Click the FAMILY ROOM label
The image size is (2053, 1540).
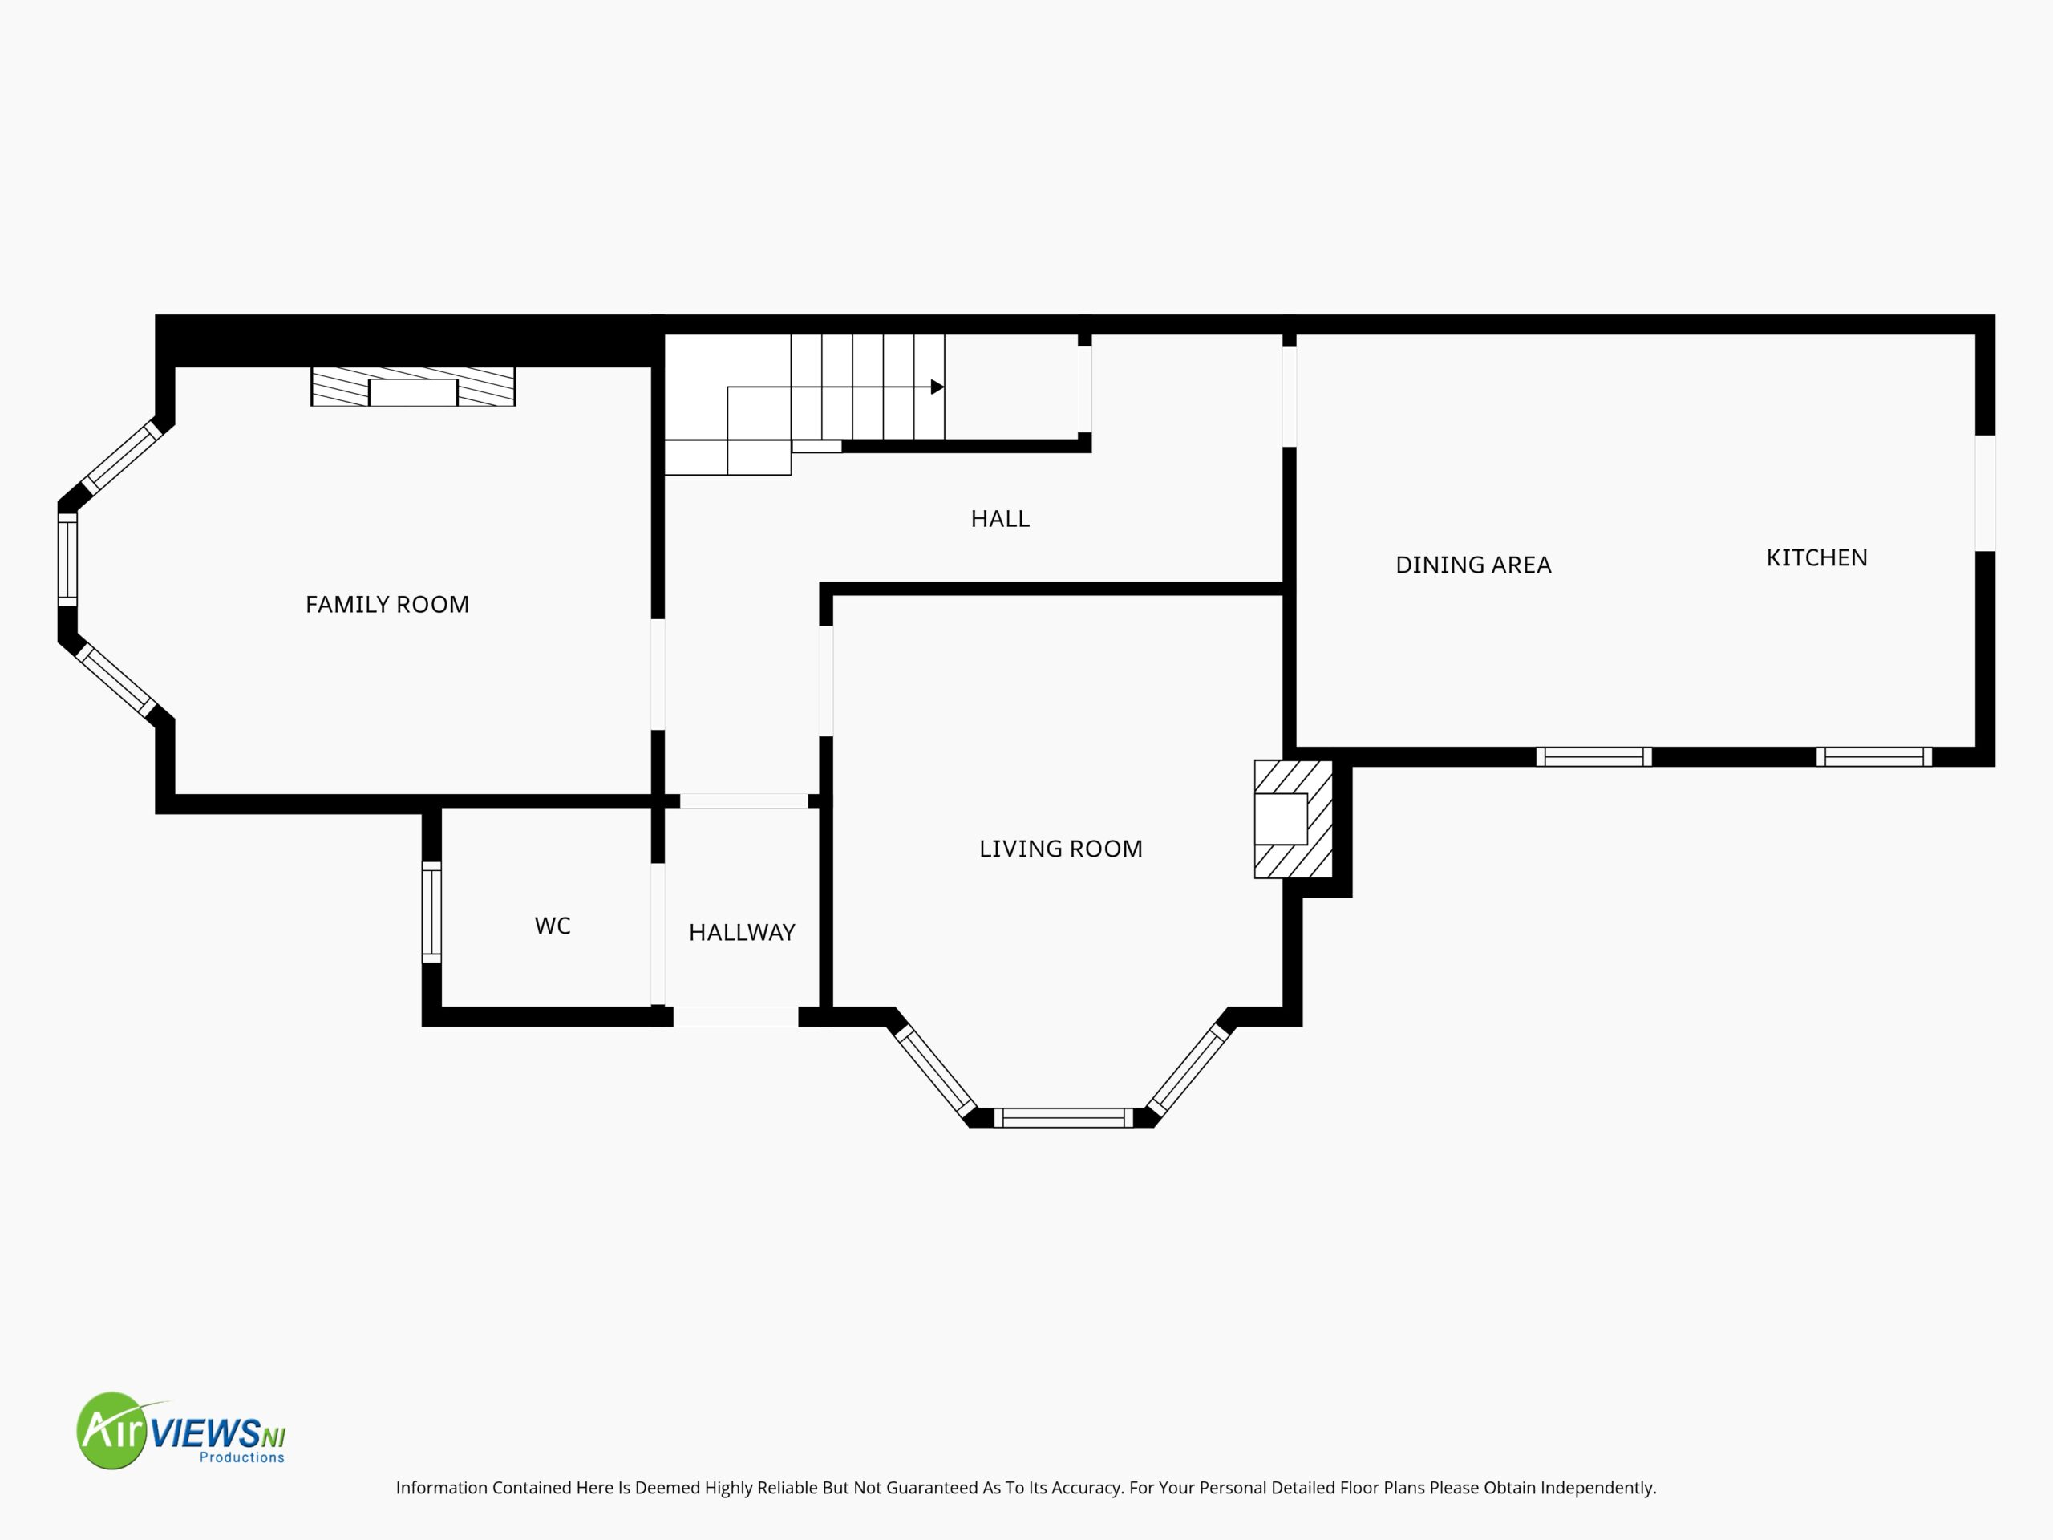pyautogui.click(x=387, y=604)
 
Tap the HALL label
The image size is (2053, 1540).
pyautogui.click(x=999, y=519)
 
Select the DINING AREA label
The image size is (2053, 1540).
pyautogui.click(x=1473, y=565)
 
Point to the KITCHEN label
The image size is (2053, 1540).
pyautogui.click(x=1816, y=558)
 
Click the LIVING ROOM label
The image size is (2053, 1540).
pyautogui.click(x=1061, y=849)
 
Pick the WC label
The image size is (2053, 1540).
pyautogui.click(x=553, y=926)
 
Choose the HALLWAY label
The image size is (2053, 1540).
pyautogui.click(x=742, y=932)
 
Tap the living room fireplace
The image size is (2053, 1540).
pyautogui.click(x=1294, y=819)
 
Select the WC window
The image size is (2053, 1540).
pyautogui.click(x=431, y=911)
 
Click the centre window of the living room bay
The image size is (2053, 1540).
pyautogui.click(x=1063, y=1117)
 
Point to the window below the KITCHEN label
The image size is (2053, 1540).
pyautogui.click(x=1874, y=756)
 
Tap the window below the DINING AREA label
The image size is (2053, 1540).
pyautogui.click(x=1593, y=756)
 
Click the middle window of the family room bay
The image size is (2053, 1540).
pyautogui.click(x=67, y=560)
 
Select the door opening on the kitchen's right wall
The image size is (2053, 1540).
pyautogui.click(x=1986, y=493)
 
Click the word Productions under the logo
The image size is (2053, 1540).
pyautogui.click(x=242, y=1457)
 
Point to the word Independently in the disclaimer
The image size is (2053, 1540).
pyautogui.click(x=1598, y=1488)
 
